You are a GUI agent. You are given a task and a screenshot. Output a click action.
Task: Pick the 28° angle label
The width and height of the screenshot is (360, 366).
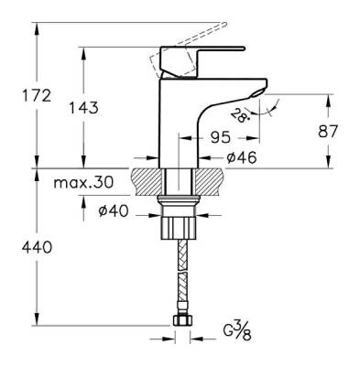(238, 113)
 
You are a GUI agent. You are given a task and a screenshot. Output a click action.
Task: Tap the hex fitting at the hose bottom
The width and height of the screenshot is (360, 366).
(180, 319)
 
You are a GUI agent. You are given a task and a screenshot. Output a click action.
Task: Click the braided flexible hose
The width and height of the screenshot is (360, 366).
(180, 274)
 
